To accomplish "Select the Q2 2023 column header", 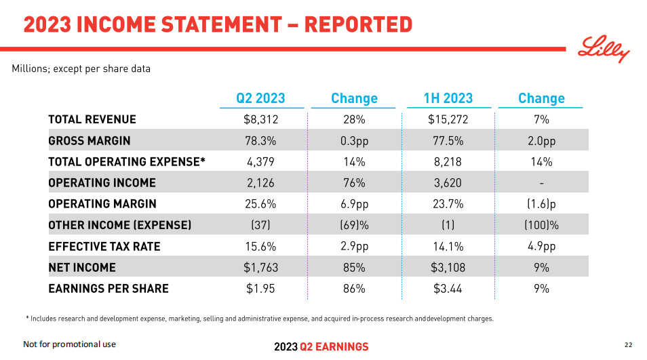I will pos(260,98).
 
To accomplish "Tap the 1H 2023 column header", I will pos(448,98).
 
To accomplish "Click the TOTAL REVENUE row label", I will pos(92,119).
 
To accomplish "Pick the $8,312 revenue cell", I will pos(261,119).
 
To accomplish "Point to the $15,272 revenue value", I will pos(448,119).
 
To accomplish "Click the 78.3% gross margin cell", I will pos(261,141).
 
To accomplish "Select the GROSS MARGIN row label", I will pos(90,141).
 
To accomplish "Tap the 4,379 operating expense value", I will pos(261,162).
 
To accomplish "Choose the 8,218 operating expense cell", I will pos(448,162).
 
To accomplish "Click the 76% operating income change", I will pos(354,183).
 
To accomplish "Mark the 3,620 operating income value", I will pos(448,183).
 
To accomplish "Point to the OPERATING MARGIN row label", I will pos(102,204).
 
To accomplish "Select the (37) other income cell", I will pos(261,225).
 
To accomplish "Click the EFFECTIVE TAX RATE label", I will pos(104,246).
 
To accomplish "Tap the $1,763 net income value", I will pos(261,267).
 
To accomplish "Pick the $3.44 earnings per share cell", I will pos(448,289).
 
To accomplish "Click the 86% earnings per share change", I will pos(354,289).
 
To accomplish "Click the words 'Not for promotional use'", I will pos(70,344).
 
